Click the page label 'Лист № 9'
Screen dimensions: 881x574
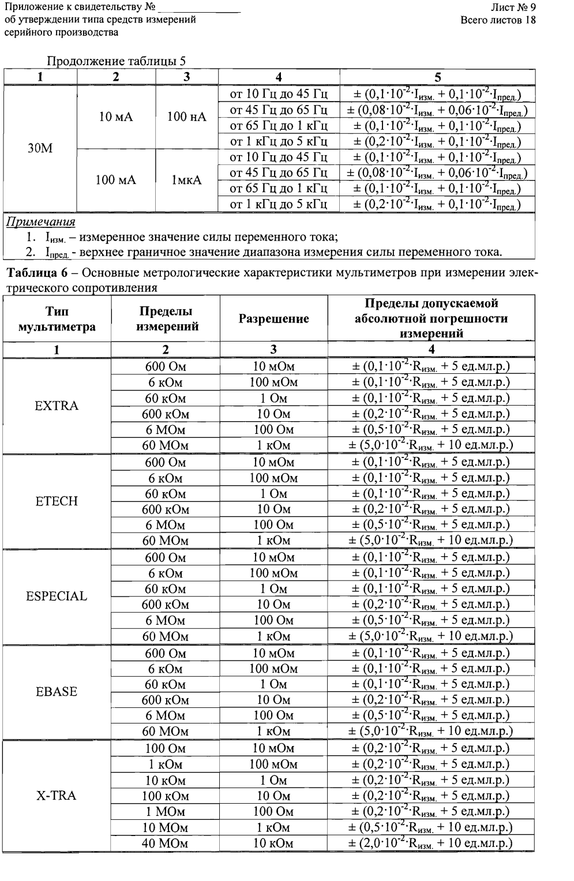coord(513,8)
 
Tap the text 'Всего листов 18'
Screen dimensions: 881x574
coord(498,20)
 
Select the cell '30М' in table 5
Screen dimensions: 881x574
coord(40,149)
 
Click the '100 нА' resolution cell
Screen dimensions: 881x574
coord(187,117)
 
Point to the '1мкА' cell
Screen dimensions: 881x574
coord(187,180)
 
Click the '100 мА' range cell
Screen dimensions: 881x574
coord(116,180)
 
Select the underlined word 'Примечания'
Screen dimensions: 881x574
coord(40,222)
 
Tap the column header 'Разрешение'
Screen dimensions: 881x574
coord(273,318)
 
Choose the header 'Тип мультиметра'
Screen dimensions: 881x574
coord(57,319)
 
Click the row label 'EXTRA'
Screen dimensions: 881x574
coord(57,406)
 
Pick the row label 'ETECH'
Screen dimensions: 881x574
coord(57,501)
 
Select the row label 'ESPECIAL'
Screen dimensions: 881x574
coord(57,596)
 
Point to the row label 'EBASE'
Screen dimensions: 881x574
coord(57,692)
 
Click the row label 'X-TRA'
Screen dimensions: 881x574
coord(57,796)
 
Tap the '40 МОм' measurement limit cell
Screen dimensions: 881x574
coord(165,843)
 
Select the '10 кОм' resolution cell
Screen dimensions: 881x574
coord(273,843)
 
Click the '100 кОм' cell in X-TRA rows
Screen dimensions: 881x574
coord(165,796)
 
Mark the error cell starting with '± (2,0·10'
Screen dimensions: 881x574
coord(431,843)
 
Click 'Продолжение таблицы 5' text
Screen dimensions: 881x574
coord(116,61)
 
